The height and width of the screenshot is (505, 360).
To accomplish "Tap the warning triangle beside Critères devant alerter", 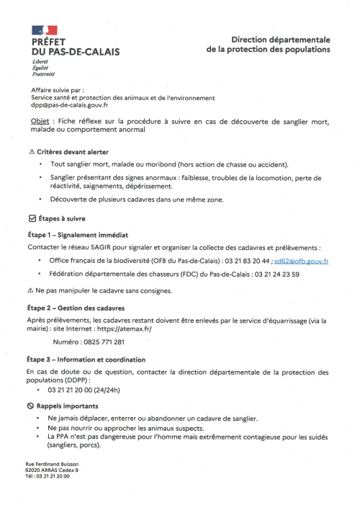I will pos(30,153).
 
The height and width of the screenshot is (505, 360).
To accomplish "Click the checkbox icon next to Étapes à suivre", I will pos(30,217).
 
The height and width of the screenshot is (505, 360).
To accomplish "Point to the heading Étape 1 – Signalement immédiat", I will pos(77,235).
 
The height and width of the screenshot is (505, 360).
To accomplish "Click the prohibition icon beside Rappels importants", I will pos(30,406).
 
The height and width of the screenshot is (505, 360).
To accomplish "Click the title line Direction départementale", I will pos(280,40).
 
